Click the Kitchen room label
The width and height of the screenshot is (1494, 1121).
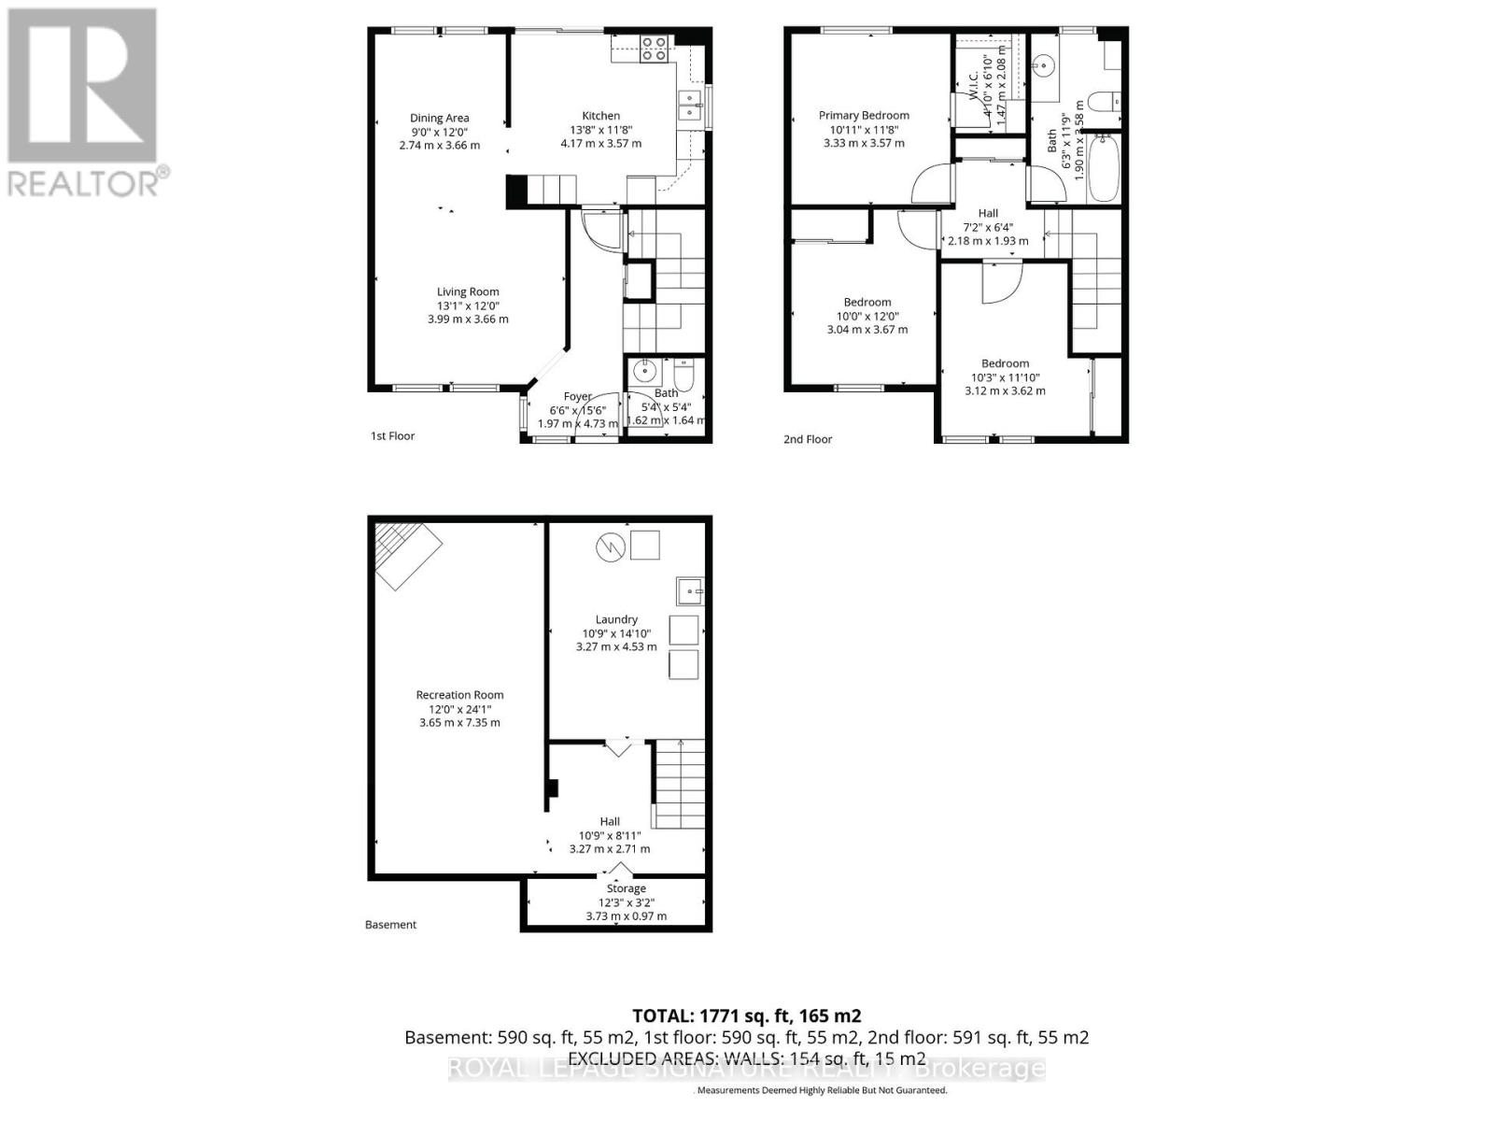tap(600, 116)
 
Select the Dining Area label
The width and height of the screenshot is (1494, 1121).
tap(439, 118)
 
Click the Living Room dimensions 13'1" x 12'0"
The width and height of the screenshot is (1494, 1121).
tap(468, 305)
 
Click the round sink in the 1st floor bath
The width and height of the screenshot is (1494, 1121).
tap(644, 372)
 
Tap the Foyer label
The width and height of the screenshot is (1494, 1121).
tap(577, 397)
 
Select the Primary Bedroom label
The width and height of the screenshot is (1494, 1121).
tap(864, 116)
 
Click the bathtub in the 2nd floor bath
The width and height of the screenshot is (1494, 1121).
tap(1104, 168)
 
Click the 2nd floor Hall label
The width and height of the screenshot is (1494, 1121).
tap(988, 213)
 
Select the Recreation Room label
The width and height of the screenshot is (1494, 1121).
tap(459, 695)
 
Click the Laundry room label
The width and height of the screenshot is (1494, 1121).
tap(616, 619)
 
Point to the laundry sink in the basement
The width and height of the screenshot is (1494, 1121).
tap(689, 591)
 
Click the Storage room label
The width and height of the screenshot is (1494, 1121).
tap(626, 888)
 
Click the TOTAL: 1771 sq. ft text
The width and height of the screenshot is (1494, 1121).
tap(746, 1015)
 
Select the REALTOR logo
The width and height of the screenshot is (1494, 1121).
tap(84, 103)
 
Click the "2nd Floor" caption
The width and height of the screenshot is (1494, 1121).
tap(808, 439)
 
